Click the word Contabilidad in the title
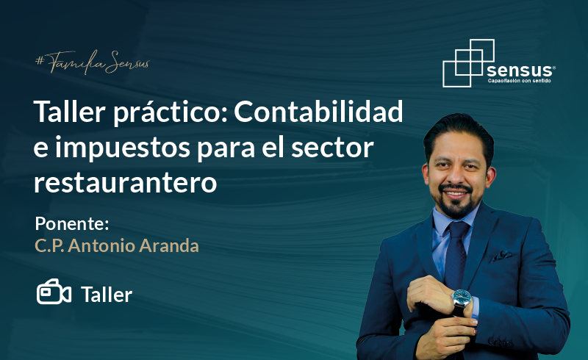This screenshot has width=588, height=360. click(318, 112)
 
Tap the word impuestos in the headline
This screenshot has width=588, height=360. click(123, 149)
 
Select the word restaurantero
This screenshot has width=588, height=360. click(125, 183)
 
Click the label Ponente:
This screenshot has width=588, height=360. click(72, 223)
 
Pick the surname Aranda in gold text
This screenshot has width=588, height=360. click(169, 246)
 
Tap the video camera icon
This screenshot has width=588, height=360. click(54, 292)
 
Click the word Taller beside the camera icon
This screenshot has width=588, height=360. click(107, 295)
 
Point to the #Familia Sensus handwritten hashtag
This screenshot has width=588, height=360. click(93, 62)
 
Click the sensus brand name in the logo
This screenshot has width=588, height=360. click(520, 70)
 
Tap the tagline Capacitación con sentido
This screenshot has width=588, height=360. click(520, 81)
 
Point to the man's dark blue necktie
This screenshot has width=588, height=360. click(456, 255)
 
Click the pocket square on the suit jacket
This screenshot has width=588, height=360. click(502, 256)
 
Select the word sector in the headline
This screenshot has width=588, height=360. click(332, 148)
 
